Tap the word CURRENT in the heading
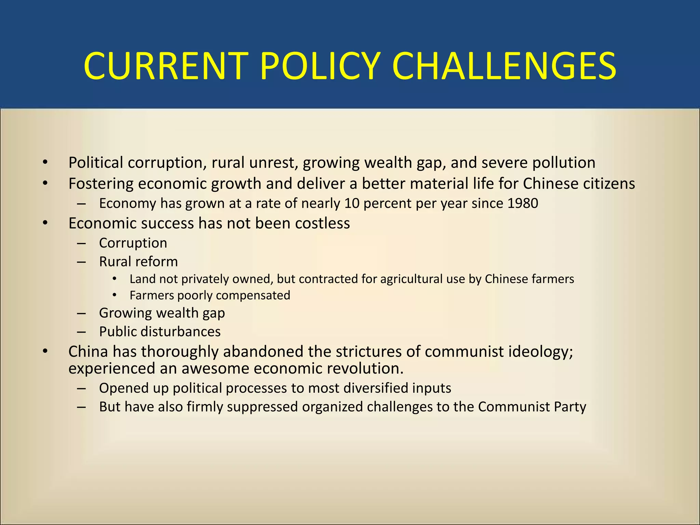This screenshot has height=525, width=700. point(166,66)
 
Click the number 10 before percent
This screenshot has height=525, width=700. point(352,203)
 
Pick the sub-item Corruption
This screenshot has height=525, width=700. point(133,243)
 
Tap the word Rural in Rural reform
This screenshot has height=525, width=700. point(115,262)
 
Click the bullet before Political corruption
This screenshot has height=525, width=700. point(45,163)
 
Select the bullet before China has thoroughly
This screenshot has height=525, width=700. point(45,352)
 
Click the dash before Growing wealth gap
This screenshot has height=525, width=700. point(81,313)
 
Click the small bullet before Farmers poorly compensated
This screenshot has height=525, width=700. point(115,295)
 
